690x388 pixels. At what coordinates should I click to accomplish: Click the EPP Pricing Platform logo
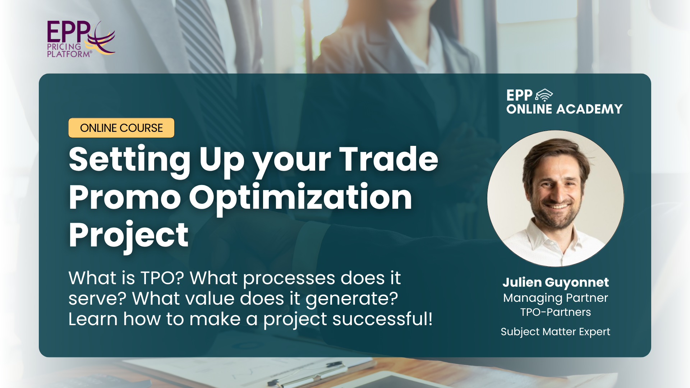[x=81, y=39]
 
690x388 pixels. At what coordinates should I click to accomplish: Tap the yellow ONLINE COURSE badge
[x=121, y=128]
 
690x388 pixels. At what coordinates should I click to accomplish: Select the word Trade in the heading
[x=389, y=159]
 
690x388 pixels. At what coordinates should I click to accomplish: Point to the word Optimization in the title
[x=300, y=198]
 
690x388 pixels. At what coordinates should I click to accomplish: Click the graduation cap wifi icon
[x=544, y=95]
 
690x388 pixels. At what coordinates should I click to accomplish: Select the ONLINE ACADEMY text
[x=564, y=109]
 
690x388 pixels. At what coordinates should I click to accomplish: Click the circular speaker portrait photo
[x=556, y=199]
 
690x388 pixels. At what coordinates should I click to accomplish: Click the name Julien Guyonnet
[x=556, y=283]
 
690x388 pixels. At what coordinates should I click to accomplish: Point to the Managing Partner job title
[x=556, y=298]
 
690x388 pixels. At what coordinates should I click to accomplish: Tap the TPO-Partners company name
[x=556, y=312]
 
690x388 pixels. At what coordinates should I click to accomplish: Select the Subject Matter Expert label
[x=556, y=332]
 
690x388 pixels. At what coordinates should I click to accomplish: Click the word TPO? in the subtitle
[x=162, y=278]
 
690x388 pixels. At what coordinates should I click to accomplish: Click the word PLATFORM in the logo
[x=69, y=54]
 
